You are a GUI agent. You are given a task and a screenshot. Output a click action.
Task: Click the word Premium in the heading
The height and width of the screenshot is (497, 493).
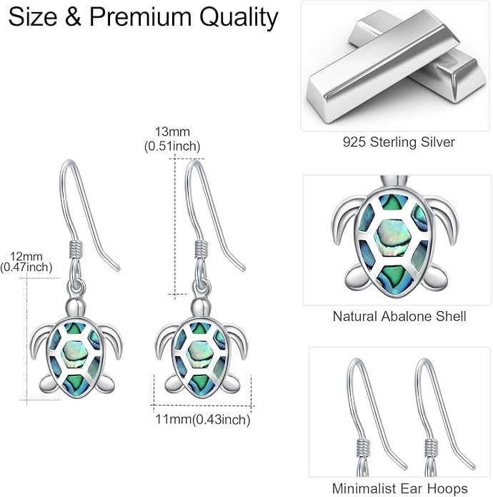coord(141,16)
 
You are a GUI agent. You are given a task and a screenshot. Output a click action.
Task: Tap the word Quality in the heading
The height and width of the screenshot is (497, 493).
coord(239,18)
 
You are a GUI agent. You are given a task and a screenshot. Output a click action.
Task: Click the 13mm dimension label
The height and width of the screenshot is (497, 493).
coord(172,132)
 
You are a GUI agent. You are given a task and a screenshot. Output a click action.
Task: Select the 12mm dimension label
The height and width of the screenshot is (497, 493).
coord(26,256)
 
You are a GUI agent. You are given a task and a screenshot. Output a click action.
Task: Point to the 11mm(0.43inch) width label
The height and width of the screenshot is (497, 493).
coord(203,419)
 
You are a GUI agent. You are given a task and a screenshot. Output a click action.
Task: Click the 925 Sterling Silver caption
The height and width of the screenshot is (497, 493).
coord(399,142)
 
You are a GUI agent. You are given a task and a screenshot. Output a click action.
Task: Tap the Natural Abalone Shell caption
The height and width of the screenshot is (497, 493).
coord(399,316)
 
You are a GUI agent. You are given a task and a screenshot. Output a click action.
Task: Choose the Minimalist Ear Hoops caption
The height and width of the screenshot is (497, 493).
coord(399,488)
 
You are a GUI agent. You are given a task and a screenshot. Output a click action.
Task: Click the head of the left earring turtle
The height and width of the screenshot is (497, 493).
coord(76,307)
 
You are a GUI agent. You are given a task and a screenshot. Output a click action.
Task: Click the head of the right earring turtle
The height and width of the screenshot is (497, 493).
coord(201,307)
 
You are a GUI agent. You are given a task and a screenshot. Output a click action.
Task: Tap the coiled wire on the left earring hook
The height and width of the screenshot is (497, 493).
coord(76,249)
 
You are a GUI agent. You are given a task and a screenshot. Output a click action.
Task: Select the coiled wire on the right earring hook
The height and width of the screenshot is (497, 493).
coord(201,249)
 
